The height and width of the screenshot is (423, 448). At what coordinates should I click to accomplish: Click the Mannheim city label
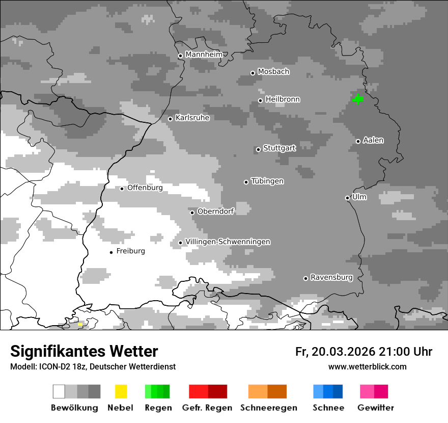pyautogui.click(x=204, y=55)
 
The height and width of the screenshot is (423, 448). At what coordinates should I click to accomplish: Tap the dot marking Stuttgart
pyautogui.click(x=258, y=149)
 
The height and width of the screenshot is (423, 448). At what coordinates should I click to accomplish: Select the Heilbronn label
pyautogui.click(x=283, y=99)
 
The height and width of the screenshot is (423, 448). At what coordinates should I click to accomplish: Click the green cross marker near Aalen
pyautogui.click(x=358, y=99)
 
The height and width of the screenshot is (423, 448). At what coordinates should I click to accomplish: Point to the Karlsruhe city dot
pyautogui.click(x=171, y=119)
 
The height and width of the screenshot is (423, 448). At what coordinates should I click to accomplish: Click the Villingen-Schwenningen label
pyautogui.click(x=228, y=242)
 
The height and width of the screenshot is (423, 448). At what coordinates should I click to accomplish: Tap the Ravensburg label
pyautogui.click(x=331, y=278)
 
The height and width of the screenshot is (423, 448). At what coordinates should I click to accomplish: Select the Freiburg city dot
pyautogui.click(x=111, y=252)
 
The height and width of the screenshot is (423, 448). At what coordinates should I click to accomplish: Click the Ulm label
pyautogui.click(x=359, y=197)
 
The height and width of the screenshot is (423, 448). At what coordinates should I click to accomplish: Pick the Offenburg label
pyautogui.click(x=145, y=188)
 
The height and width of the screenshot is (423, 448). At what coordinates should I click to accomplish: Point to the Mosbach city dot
pyautogui.click(x=253, y=73)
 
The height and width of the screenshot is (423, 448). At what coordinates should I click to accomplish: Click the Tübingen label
pyautogui.click(x=267, y=181)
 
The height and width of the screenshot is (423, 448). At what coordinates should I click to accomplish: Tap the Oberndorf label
pyautogui.click(x=215, y=211)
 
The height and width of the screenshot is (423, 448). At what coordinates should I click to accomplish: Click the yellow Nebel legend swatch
pyautogui.click(x=121, y=391)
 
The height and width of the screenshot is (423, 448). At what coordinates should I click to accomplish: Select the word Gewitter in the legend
pyautogui.click(x=376, y=408)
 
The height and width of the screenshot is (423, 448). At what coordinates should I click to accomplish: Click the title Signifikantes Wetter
pyautogui.click(x=84, y=352)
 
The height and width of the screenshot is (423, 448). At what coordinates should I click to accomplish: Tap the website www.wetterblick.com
pyautogui.click(x=367, y=367)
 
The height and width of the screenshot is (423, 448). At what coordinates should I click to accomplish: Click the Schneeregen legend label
pyautogui.click(x=269, y=408)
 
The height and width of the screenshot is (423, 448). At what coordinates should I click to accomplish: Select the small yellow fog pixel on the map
pyautogui.click(x=80, y=324)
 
